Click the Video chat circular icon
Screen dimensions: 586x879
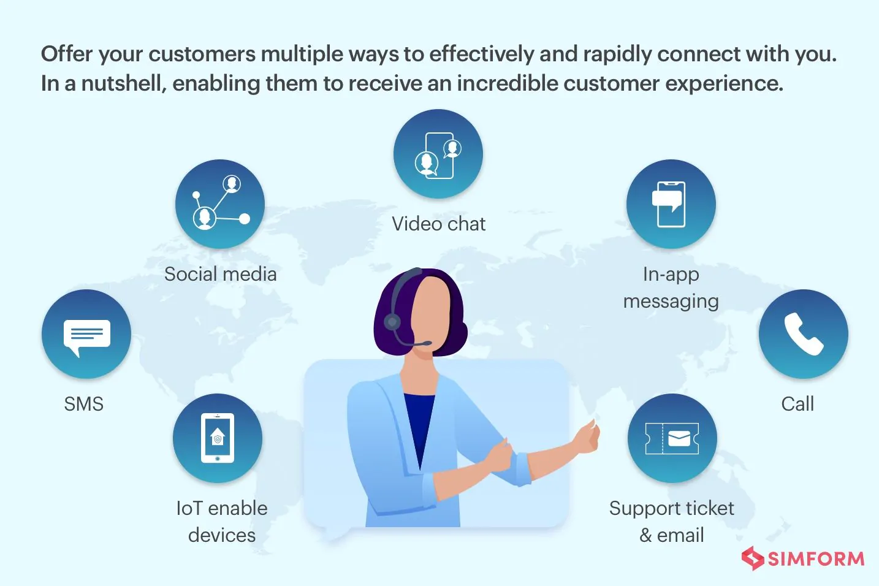438,154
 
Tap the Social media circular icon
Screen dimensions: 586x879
220,204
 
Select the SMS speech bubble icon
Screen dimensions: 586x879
86,334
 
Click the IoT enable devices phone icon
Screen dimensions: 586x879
218,438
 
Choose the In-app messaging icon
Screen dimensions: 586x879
671,204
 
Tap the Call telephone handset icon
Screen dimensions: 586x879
803,334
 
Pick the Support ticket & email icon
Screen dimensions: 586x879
672,438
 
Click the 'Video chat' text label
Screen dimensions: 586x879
438,224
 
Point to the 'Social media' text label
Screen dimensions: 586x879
220,274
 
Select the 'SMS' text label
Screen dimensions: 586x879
83,404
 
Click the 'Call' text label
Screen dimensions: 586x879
797,404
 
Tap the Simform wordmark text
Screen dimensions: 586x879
816,559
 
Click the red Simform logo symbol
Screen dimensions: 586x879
752,558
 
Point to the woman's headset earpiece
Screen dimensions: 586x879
392,321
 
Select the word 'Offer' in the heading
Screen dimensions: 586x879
67,54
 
